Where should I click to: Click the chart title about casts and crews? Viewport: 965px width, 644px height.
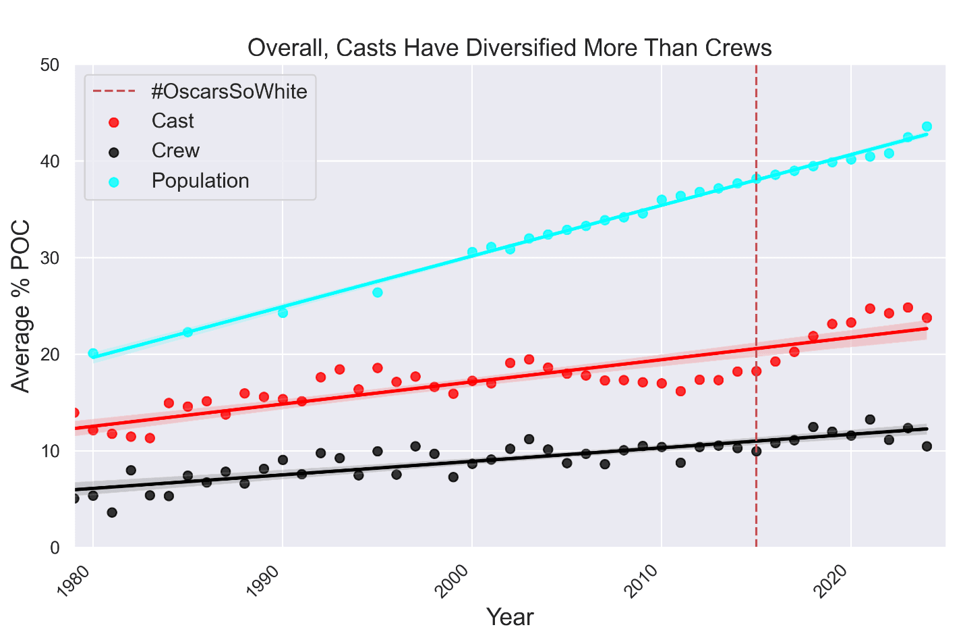[509, 48]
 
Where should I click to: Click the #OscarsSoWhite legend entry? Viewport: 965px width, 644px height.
[229, 91]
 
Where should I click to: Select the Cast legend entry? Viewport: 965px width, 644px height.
[173, 121]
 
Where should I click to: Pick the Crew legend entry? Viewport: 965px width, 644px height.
[175, 151]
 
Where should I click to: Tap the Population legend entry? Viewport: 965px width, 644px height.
[200, 181]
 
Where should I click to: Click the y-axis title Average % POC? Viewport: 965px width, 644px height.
[22, 306]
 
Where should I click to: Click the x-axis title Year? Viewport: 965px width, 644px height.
[510, 617]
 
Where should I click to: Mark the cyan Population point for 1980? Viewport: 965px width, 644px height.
[93, 353]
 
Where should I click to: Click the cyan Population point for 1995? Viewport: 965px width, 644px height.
[378, 292]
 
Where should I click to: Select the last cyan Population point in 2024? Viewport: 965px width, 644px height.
[927, 126]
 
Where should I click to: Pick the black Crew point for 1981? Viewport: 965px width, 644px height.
[112, 512]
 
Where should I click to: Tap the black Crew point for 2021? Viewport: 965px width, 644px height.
[870, 419]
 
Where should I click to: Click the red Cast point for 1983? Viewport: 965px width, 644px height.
[150, 438]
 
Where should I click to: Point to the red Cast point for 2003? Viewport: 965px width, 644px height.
[529, 359]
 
